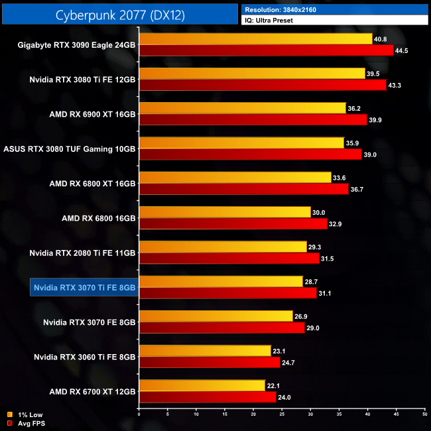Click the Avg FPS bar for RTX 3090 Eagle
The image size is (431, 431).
pos(266,50)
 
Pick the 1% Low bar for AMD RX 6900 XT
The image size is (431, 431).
pos(242,108)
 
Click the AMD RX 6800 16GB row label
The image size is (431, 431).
pos(99,218)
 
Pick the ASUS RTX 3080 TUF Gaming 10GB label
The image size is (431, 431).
pos(70,149)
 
